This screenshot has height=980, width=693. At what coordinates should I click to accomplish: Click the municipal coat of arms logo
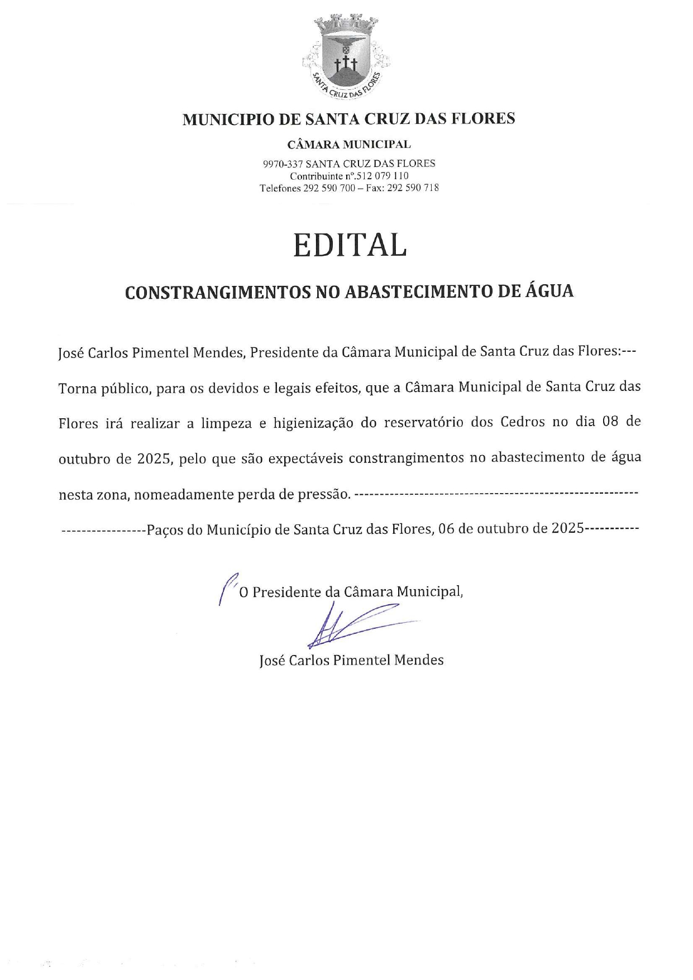tap(347, 57)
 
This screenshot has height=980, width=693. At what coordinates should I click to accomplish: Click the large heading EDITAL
tap(350, 246)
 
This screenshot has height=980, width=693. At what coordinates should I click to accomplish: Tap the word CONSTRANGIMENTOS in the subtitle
tap(217, 292)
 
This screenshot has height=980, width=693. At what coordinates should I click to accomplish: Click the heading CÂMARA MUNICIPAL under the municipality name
tap(349, 145)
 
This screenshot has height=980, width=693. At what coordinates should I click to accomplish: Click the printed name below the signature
tap(351, 660)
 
